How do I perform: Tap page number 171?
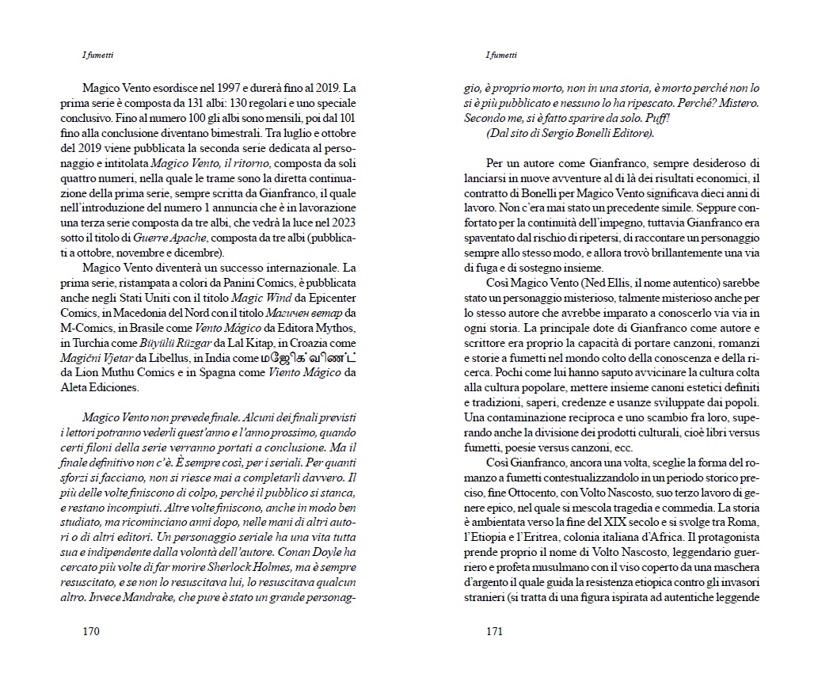pos(494,632)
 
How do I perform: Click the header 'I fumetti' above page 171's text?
pos(500,55)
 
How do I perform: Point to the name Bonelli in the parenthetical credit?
pos(592,134)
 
